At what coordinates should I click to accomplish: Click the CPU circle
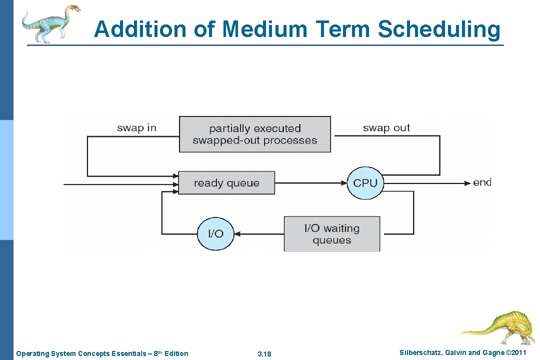coord(365,182)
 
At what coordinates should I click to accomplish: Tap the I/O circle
coord(215,233)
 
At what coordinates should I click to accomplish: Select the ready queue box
coord(226,183)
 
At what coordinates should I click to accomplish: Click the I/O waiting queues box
coord(332,234)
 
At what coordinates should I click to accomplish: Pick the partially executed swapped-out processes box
coord(255,134)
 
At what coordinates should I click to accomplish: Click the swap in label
coord(136,128)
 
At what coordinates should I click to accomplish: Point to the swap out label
coord(386,128)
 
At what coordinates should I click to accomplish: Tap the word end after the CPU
coord(482,182)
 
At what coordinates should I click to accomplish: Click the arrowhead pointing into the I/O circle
coord(238,233)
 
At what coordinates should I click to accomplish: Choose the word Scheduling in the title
coord(438,29)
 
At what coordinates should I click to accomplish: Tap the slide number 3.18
coord(264,354)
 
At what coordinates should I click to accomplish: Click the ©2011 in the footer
coord(516,353)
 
